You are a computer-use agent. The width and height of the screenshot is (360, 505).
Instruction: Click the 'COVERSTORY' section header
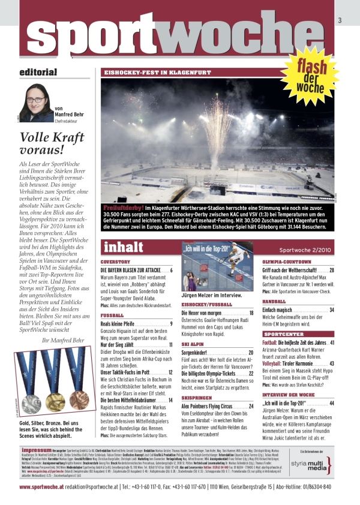(x=116, y=262)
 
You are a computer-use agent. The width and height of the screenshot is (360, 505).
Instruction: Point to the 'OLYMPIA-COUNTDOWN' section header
(x=286, y=262)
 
